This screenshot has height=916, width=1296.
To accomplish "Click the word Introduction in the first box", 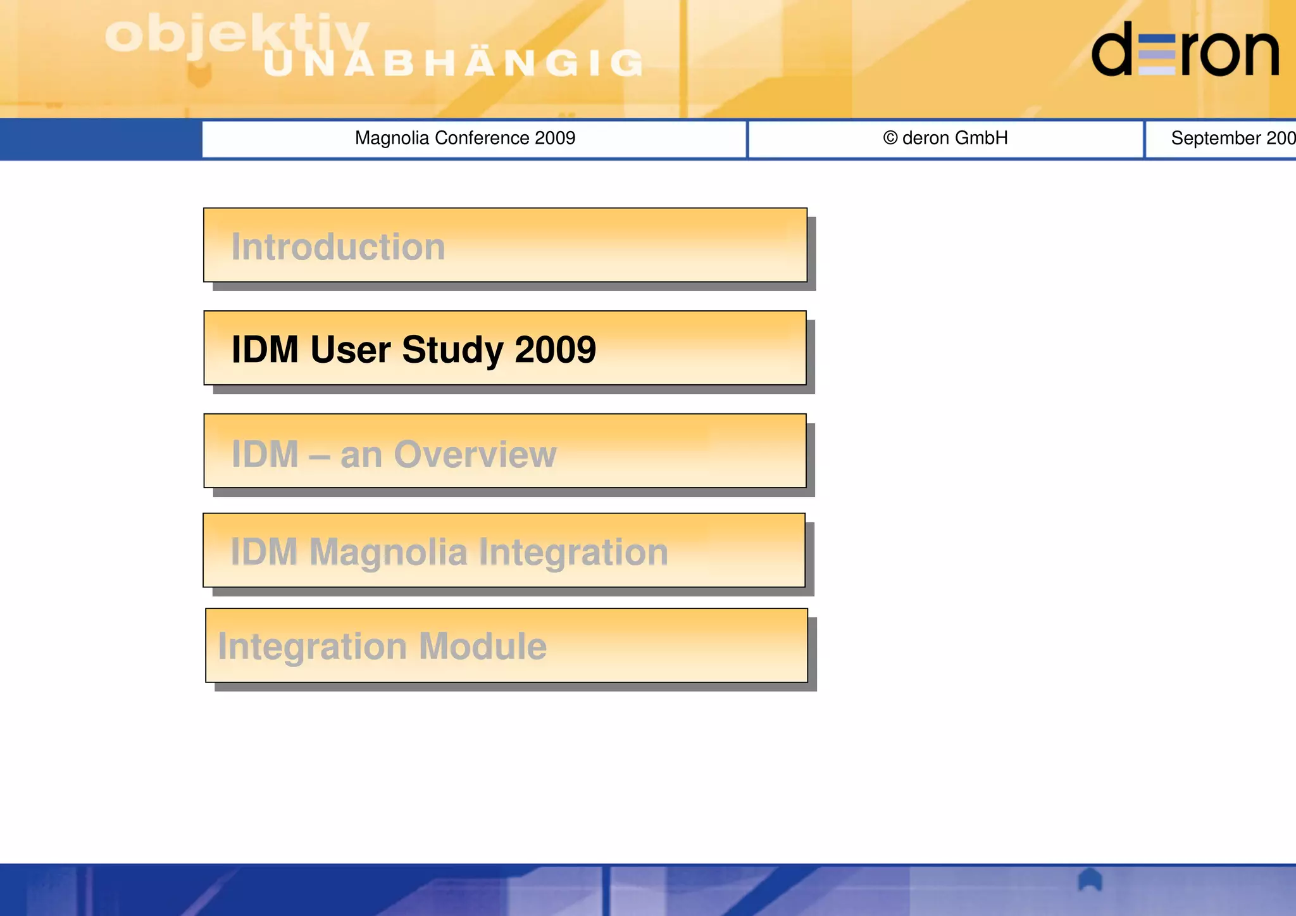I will tap(338, 247).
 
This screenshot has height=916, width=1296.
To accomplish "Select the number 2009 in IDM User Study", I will tap(555, 349).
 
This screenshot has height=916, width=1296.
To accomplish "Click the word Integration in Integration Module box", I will tap(312, 646).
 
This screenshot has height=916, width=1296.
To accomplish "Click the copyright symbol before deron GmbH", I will tap(890, 137).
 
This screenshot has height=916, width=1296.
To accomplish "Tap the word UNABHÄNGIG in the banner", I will tap(453, 63).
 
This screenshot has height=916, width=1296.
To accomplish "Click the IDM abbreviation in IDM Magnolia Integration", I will tap(264, 551).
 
